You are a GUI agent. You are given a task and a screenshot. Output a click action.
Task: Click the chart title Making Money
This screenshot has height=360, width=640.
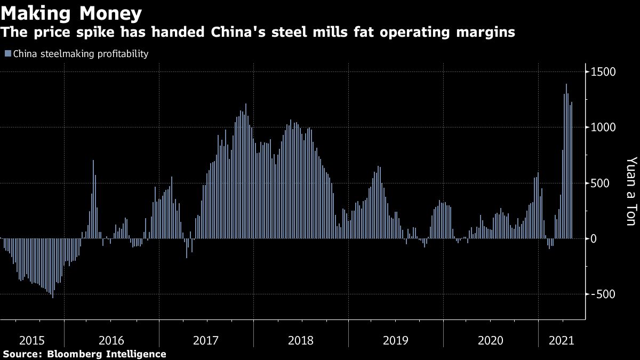71,12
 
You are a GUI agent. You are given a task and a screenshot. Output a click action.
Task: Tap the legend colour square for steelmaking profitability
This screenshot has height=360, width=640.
7,54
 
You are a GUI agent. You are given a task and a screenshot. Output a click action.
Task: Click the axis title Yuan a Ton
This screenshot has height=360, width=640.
631,190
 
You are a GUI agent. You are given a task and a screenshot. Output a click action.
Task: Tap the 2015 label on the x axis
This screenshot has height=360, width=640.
31,340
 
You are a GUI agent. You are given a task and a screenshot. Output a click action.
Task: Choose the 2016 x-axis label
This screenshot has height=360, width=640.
111,340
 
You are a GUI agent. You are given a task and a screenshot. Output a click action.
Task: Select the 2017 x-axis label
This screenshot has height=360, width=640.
206,340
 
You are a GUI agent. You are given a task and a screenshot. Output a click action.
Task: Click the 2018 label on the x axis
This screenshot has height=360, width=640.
301,340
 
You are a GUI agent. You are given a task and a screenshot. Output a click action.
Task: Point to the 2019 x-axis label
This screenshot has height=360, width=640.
396,340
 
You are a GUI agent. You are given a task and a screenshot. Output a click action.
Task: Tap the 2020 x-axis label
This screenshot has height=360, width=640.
491,340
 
